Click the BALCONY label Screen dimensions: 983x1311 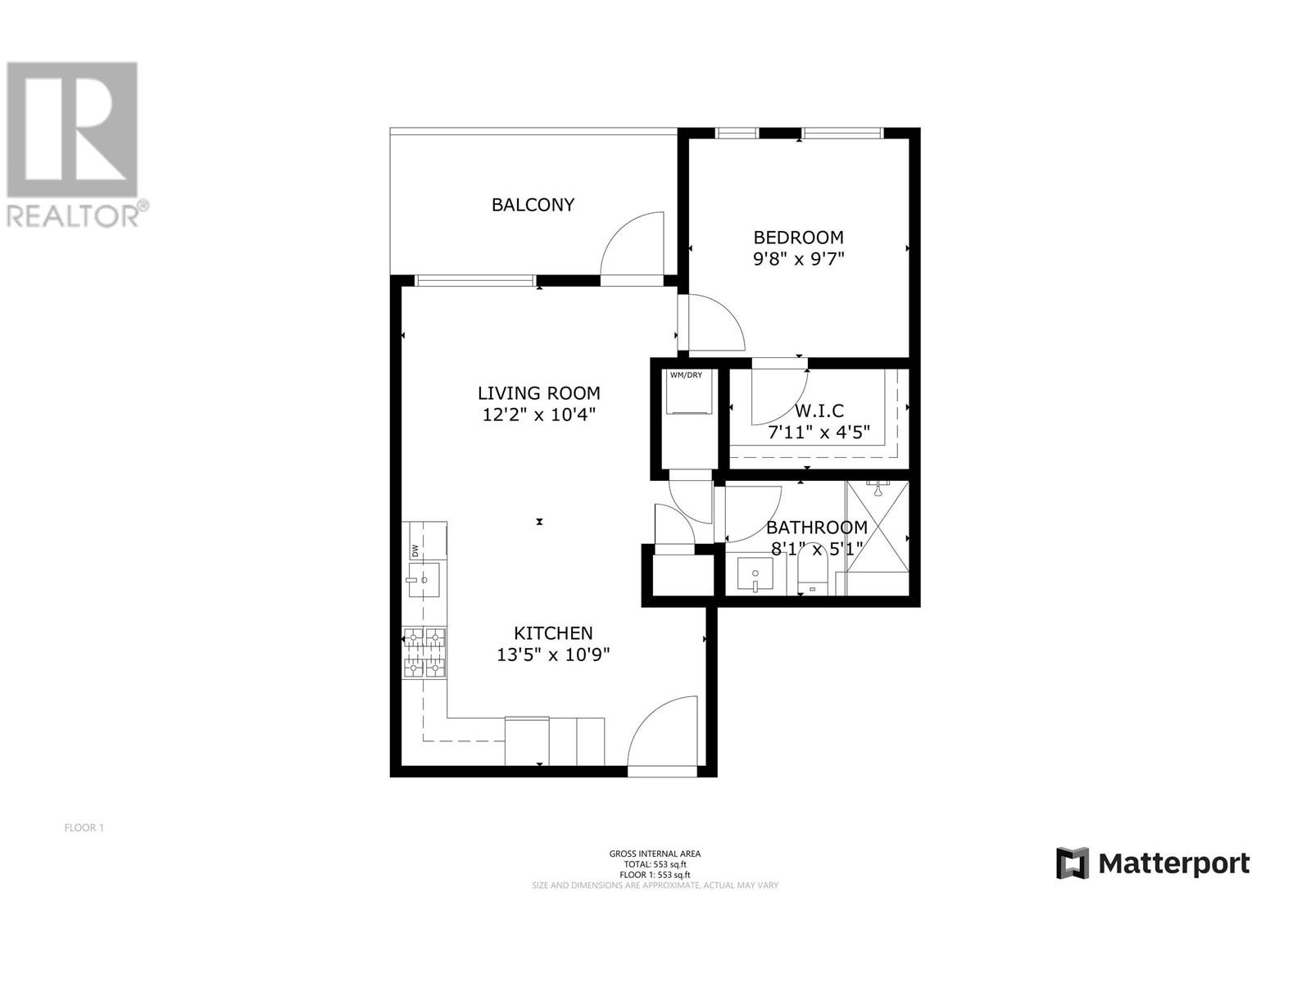click(x=533, y=205)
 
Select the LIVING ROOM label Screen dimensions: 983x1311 click(x=539, y=393)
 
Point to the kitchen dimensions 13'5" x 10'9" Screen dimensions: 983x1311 click(x=553, y=655)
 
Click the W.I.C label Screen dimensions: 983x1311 click(x=819, y=411)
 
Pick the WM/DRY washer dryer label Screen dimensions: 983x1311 click(x=686, y=375)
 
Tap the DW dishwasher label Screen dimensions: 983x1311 click(x=415, y=550)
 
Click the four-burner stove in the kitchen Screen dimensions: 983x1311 click(x=424, y=654)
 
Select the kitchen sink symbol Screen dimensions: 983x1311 click(x=424, y=580)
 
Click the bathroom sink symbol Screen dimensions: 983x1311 click(x=755, y=575)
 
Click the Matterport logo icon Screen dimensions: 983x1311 click(x=1072, y=863)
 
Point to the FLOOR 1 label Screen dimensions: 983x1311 click(x=84, y=827)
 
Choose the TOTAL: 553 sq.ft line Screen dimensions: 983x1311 click(x=655, y=864)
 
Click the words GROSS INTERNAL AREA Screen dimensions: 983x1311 click(x=655, y=854)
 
